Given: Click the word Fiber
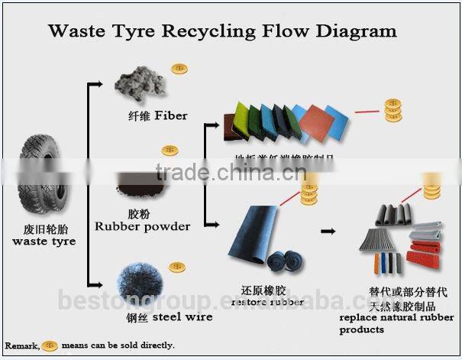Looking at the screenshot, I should pyautogui.click(x=172, y=116).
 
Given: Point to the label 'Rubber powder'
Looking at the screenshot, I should pyautogui.click(x=142, y=226).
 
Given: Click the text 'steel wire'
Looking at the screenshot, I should pyautogui.click(x=183, y=316).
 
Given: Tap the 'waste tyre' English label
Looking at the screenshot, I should pyautogui.click(x=44, y=242).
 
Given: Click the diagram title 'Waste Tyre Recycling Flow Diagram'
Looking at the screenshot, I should pyautogui.click(x=222, y=31).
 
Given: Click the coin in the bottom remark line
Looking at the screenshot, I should pyautogui.click(x=50, y=345).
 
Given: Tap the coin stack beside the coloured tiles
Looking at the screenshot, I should pyautogui.click(x=393, y=111).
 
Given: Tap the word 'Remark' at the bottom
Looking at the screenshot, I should pyautogui.click(x=21, y=345).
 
